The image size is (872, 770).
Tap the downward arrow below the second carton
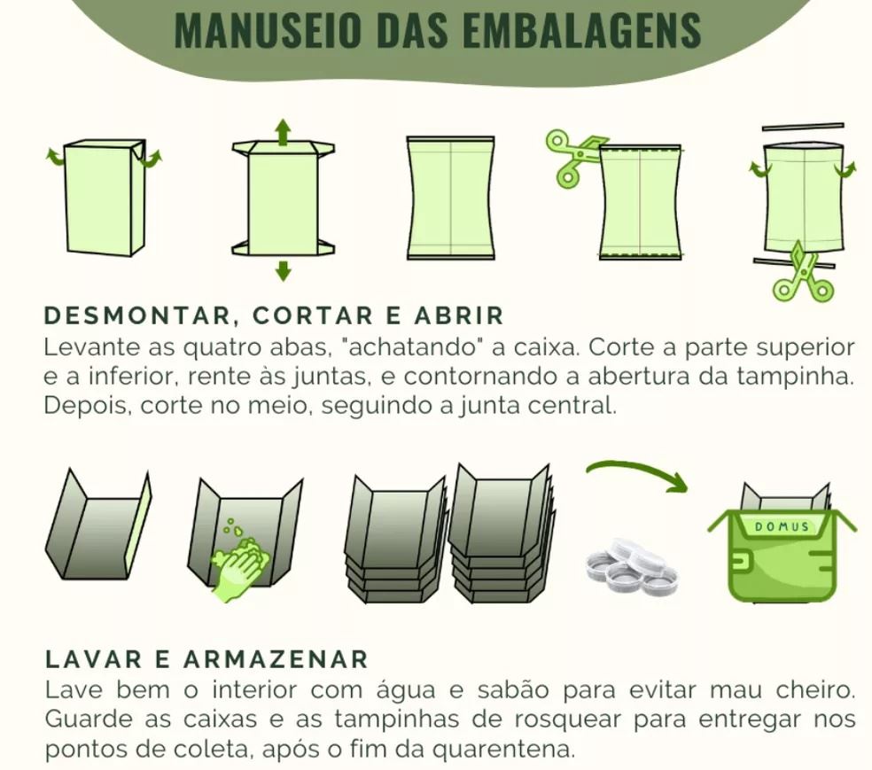pos(283,270)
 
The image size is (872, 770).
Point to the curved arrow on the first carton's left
pos(56,157)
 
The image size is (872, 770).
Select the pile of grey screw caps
pos(631,567)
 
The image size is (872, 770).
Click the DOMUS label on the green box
pos(781,526)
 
